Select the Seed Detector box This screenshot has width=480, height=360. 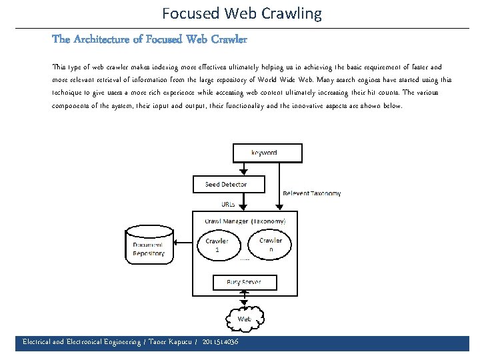coord(226,184)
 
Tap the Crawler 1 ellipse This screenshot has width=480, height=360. coord(217,245)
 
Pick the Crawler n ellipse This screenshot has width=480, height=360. coord(270,244)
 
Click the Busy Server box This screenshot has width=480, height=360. coord(243,282)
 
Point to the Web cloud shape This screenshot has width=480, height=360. coord(244,319)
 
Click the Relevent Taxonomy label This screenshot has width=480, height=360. coord(311,193)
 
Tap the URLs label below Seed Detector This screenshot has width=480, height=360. coord(227,204)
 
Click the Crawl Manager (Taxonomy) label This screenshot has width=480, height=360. coord(245,221)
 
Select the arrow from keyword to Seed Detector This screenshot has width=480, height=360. coord(245,169)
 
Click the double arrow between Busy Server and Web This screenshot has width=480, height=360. coord(244,299)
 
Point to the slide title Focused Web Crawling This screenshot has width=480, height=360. coord(241,13)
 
